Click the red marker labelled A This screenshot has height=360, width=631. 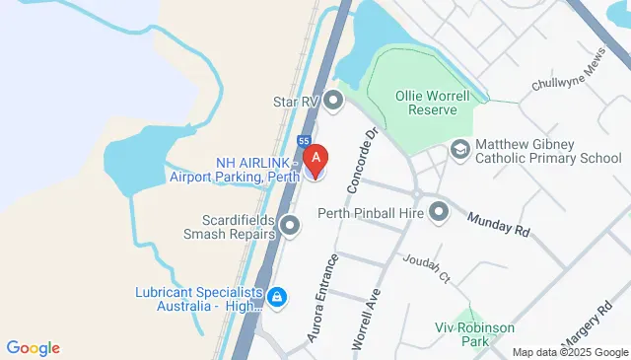pyautogui.click(x=315, y=158)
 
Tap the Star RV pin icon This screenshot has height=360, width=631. pyautogui.click(x=333, y=100)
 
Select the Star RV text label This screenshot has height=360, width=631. pyautogui.click(x=298, y=100)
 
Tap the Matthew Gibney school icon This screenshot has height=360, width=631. pyautogui.click(x=459, y=150)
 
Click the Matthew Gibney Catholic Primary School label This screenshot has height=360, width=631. pyautogui.click(x=548, y=151)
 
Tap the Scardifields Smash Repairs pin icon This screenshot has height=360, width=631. pyautogui.click(x=290, y=227)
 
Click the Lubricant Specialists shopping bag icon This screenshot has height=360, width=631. pyautogui.click(x=278, y=296)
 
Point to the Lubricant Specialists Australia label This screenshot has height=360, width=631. pyautogui.click(x=199, y=300)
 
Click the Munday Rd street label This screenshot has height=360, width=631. pyautogui.click(x=499, y=224)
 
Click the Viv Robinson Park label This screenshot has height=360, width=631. pyautogui.click(x=462, y=333)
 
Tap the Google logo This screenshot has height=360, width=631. pyautogui.click(x=33, y=347)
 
